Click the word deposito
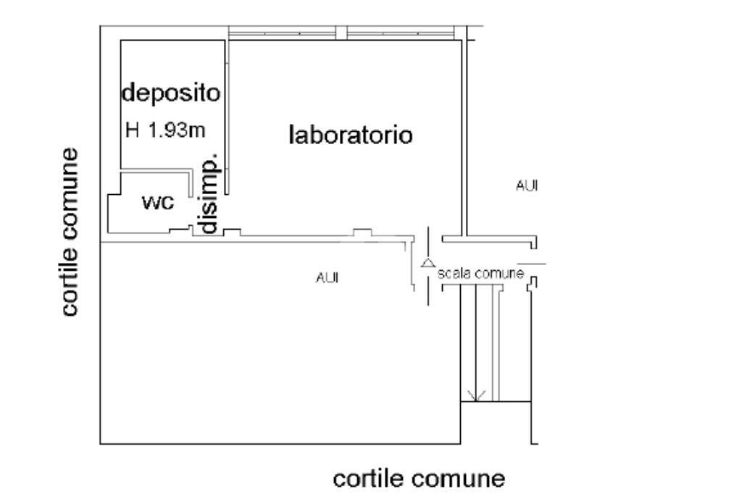click(170, 93)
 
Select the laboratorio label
click(351, 135)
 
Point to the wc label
click(158, 203)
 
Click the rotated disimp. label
click(208, 193)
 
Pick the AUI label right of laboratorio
click(526, 186)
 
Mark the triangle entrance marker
click(428, 264)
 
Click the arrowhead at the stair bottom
click(476, 395)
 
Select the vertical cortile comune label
click(70, 232)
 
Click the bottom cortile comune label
click(418, 479)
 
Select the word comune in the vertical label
click(70, 192)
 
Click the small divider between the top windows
click(341, 33)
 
